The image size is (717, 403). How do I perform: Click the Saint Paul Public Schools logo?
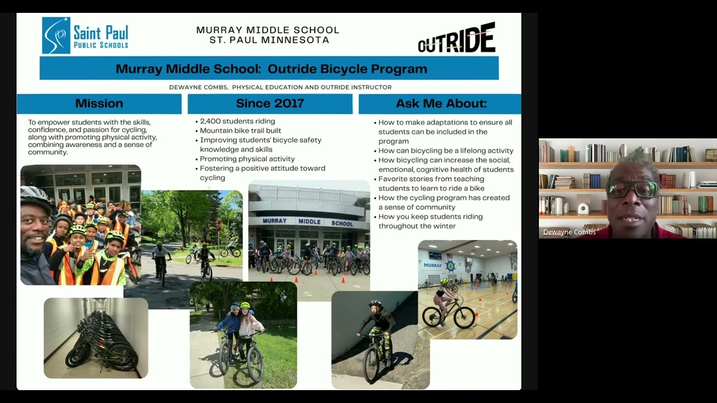85,35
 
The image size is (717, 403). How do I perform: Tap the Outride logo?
457,39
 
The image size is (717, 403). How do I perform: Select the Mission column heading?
99,104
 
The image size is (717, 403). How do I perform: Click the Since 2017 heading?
270,104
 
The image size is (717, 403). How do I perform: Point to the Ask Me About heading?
441,104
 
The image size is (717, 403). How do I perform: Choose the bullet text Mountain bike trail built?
240,131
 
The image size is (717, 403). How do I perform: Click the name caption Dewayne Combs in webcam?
569,232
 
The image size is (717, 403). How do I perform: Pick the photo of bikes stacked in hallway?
96,338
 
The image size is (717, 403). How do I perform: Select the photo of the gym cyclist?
467,289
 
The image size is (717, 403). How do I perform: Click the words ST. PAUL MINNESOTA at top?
269,40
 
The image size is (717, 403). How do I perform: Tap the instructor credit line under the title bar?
280,87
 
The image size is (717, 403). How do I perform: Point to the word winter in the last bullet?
444,226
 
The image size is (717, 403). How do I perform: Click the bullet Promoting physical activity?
247,159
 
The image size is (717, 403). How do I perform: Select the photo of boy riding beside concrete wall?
380,340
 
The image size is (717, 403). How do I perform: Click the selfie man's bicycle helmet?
35,196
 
